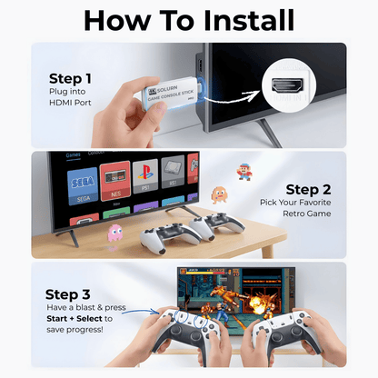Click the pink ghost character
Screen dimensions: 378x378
(116, 233)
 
